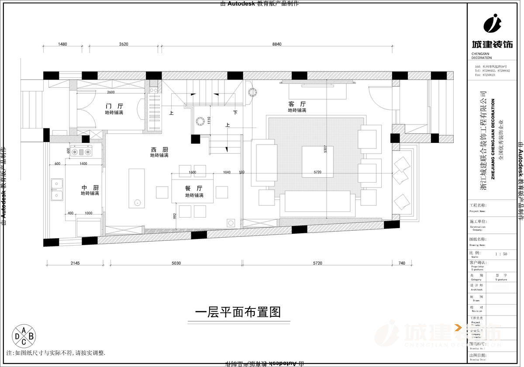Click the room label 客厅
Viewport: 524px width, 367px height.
pyautogui.click(x=297, y=104)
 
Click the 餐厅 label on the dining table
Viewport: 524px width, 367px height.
pyautogui.click(x=194, y=188)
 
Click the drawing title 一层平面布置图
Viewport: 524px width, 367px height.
pyautogui.click(x=238, y=312)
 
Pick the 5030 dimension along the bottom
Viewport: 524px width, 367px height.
pyautogui.click(x=176, y=263)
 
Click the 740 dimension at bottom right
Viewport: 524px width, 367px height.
pyautogui.click(x=402, y=263)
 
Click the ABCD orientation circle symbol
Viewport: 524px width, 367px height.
pyautogui.click(x=24, y=336)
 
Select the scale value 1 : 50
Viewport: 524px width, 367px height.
pyautogui.click(x=501, y=254)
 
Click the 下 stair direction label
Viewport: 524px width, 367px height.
pyautogui.click(x=235, y=113)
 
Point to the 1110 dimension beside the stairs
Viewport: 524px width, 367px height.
pyautogui.click(x=209, y=120)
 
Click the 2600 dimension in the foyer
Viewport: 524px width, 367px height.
pyautogui.click(x=111, y=92)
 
